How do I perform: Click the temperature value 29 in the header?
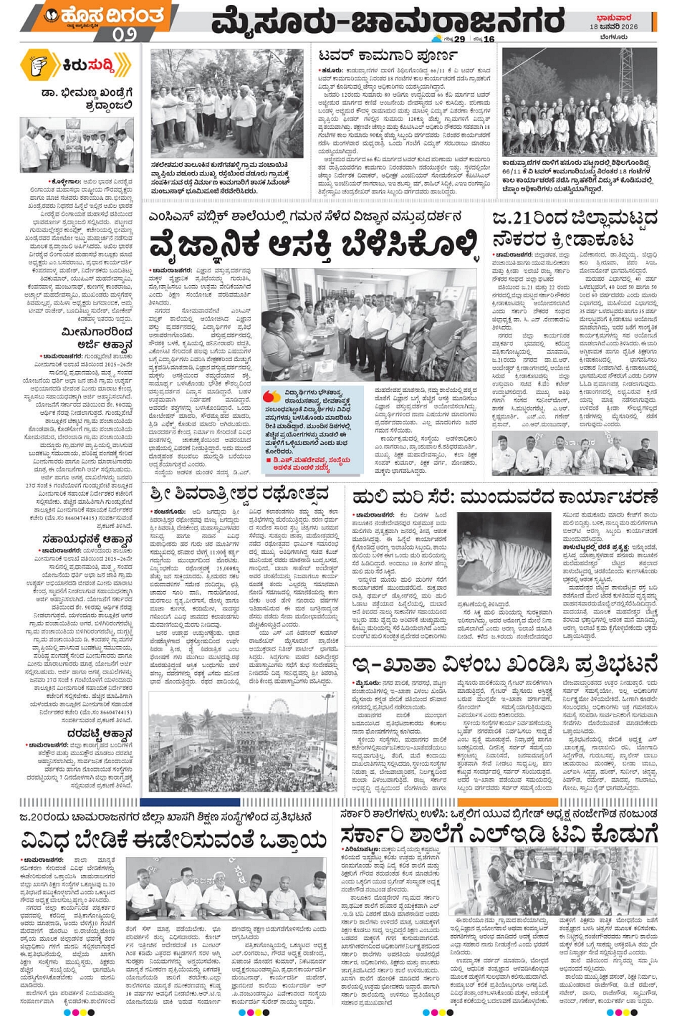click(459, 39)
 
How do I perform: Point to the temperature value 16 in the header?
click(489, 39)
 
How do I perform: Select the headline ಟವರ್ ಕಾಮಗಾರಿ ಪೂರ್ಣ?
click(387, 55)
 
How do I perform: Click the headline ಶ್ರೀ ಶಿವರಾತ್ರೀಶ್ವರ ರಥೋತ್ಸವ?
click(240, 494)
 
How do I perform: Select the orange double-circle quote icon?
click(272, 396)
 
